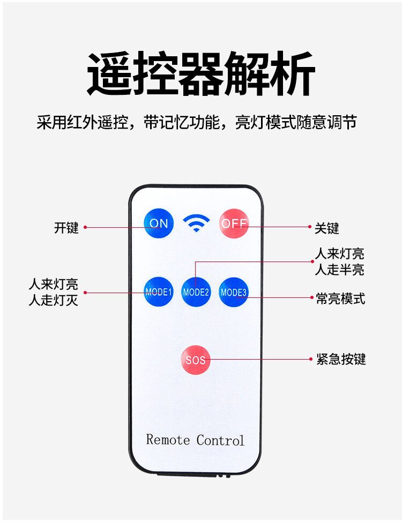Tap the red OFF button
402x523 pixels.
pos(234,223)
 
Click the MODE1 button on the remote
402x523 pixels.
pos(158,292)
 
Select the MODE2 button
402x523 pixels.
pos(196,292)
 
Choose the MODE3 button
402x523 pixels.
pos(234,292)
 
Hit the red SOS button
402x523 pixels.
pos(196,360)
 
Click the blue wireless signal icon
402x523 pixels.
pos(197,222)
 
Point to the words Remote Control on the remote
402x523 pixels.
pos(195,440)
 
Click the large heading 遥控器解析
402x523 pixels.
pos(200,74)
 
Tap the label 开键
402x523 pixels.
pos(66,227)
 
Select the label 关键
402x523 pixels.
pos(326,228)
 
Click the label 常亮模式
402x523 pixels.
pos(340,298)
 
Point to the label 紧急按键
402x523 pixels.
pos(340,359)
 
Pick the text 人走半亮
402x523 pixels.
pos(339,270)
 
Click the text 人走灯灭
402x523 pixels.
pos(54,300)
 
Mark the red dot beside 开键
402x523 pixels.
pos(85,227)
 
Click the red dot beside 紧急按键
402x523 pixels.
pos(310,359)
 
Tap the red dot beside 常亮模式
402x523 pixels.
pos(310,298)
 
